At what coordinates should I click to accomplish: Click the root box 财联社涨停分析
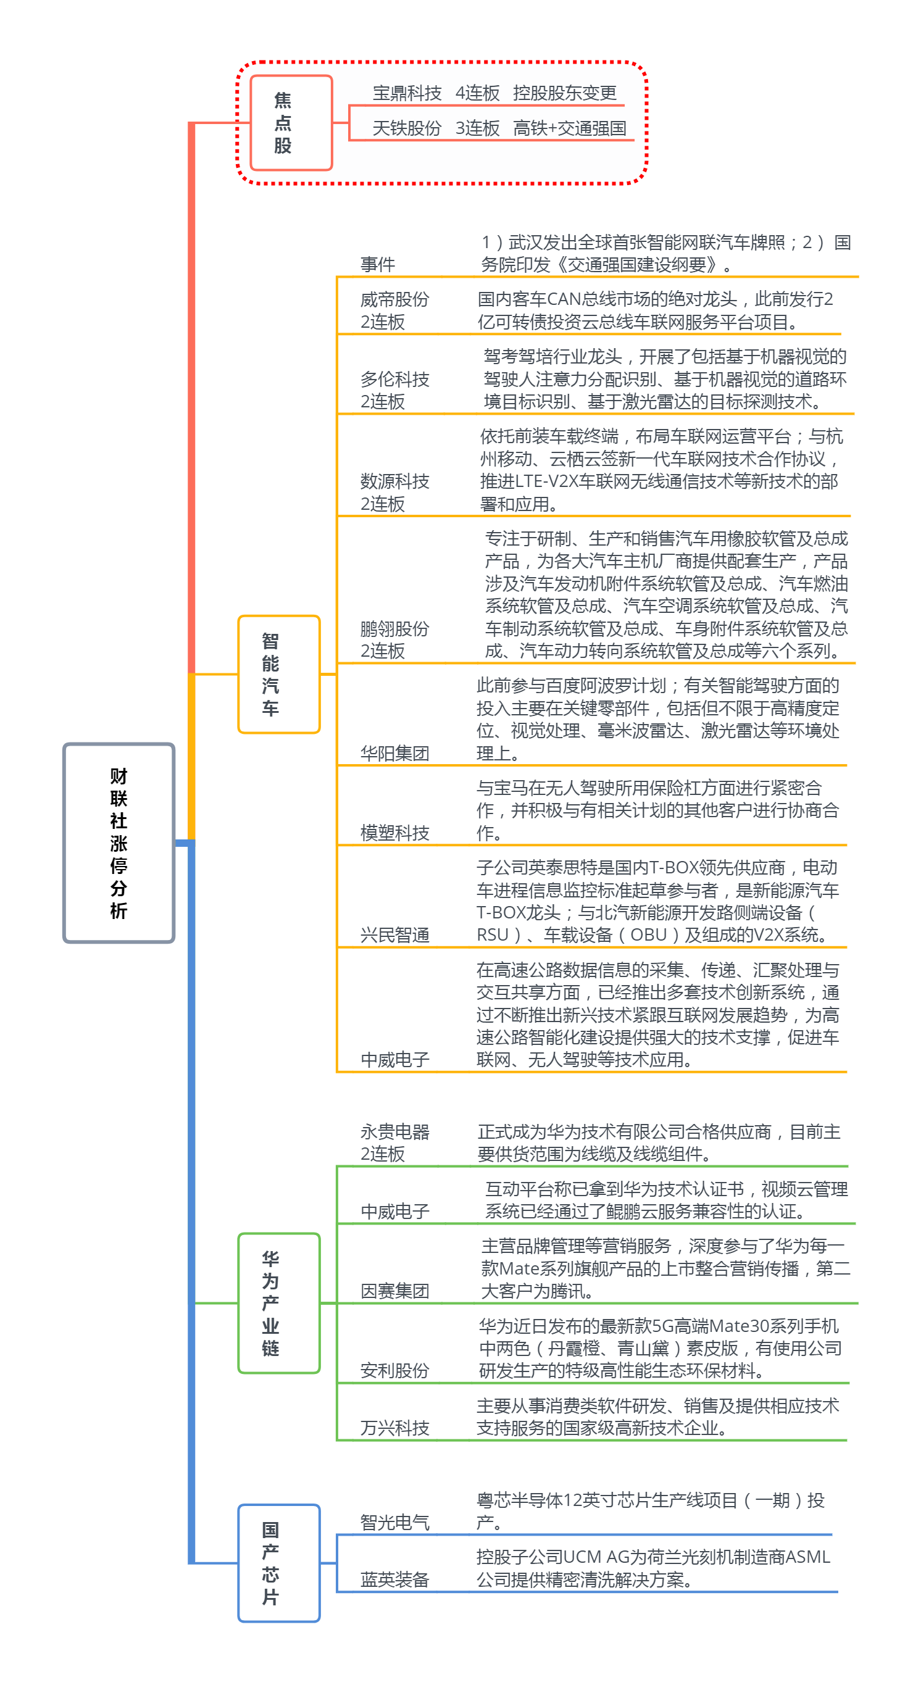pyautogui.click(x=119, y=842)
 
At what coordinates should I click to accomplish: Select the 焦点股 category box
pyautogui.click(x=291, y=123)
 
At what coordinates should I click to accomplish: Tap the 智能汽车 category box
pyautogui.click(x=279, y=674)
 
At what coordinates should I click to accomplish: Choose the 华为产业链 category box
pyautogui.click(x=279, y=1303)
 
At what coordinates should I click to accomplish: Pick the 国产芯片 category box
pyautogui.click(x=279, y=1563)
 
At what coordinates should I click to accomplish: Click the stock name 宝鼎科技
pyautogui.click(x=407, y=93)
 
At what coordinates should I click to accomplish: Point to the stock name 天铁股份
pyautogui.click(x=407, y=128)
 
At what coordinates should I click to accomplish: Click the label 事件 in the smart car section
pyautogui.click(x=377, y=264)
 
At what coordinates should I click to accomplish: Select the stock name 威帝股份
pyautogui.click(x=394, y=299)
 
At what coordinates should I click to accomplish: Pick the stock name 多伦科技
pyautogui.click(x=394, y=379)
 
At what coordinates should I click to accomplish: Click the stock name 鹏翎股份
pyautogui.click(x=394, y=628)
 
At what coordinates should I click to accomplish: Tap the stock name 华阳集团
pyautogui.click(x=394, y=754)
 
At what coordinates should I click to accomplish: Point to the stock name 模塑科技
pyautogui.click(x=394, y=833)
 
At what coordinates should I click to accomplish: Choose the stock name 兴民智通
pyautogui.click(x=394, y=934)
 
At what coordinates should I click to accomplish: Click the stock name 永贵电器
pyautogui.click(x=394, y=1131)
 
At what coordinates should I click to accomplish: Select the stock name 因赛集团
pyautogui.click(x=394, y=1291)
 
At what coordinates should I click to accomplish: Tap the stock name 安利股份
pyautogui.click(x=394, y=1370)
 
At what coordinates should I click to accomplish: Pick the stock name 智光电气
pyautogui.click(x=394, y=1523)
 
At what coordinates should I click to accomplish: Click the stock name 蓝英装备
pyautogui.click(x=394, y=1579)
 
